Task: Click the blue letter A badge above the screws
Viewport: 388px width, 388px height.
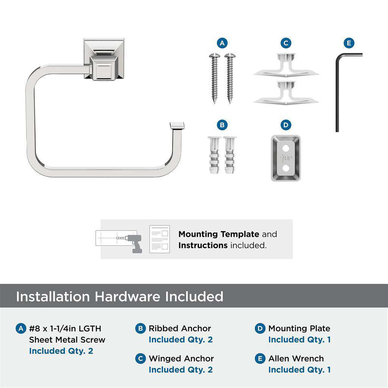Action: pyautogui.click(x=222, y=43)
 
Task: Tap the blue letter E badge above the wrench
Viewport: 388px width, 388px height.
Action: pyautogui.click(x=349, y=43)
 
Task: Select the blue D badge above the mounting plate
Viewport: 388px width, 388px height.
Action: pyautogui.click(x=286, y=125)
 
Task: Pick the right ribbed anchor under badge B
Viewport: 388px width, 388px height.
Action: pyautogui.click(x=230, y=155)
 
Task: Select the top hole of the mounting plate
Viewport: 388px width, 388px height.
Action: pyautogui.click(x=286, y=147)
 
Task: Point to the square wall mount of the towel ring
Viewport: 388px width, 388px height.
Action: pyautogui.click(x=104, y=59)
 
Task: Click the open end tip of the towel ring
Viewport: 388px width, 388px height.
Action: pyautogui.click(x=177, y=125)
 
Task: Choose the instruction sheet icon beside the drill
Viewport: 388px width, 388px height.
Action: pyautogui.click(x=160, y=239)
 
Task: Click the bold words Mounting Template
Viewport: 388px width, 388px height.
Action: pyautogui.click(x=219, y=234)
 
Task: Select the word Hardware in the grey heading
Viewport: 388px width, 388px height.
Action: pyautogui.click(x=127, y=297)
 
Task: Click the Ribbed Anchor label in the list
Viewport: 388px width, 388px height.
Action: pyautogui.click(x=180, y=329)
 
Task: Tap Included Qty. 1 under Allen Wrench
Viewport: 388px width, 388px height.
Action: pyautogui.click(x=299, y=369)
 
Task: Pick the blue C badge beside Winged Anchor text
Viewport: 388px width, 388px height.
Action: pyautogui.click(x=141, y=358)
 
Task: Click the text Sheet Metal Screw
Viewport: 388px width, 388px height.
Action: pyautogui.click(x=67, y=339)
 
